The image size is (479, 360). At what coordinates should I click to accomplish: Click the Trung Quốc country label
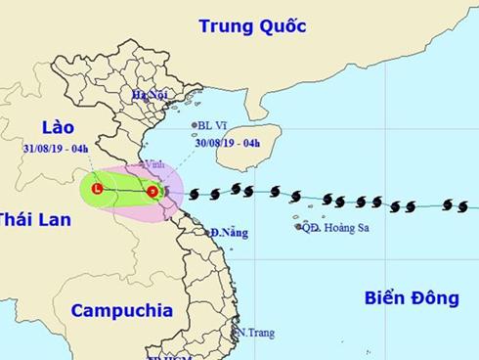click(252, 25)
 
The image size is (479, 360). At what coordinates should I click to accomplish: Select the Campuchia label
click(121, 310)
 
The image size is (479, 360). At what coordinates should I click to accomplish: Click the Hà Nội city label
click(152, 95)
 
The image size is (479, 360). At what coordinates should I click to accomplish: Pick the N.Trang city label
click(256, 333)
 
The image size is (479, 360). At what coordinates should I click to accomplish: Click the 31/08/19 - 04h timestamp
click(56, 149)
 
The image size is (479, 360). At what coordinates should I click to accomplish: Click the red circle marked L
click(97, 187)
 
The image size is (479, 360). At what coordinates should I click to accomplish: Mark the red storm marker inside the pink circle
click(152, 191)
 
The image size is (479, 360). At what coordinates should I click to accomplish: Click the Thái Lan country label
click(34, 220)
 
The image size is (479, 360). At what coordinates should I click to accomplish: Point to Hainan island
click(258, 141)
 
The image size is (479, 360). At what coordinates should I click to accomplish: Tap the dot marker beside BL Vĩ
click(194, 125)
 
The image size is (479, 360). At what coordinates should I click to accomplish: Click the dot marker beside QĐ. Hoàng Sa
click(297, 227)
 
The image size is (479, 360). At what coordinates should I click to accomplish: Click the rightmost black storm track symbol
click(462, 205)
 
